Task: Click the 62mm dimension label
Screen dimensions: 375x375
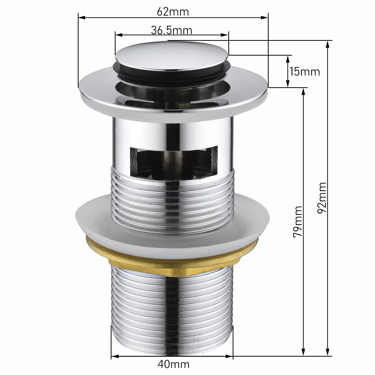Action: click(173, 12)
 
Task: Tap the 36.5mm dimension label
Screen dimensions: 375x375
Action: click(171, 30)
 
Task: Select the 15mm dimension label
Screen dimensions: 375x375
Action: click(305, 72)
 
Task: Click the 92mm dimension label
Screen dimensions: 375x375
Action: click(322, 198)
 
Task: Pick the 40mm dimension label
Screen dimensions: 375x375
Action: click(173, 364)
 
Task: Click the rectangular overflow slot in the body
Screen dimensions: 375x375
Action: click(173, 161)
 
